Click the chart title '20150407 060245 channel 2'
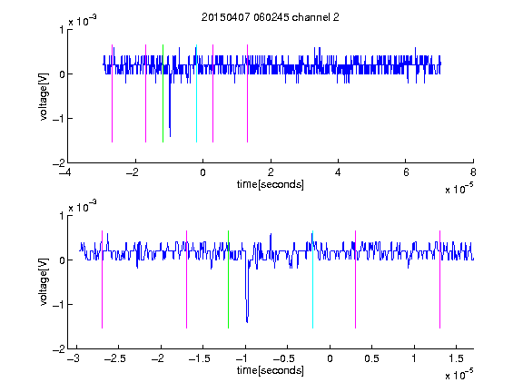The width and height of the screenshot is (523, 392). click(x=271, y=17)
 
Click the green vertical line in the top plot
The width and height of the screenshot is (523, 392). click(x=163, y=93)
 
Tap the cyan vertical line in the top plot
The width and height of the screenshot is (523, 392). click(x=196, y=93)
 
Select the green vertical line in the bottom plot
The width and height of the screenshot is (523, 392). click(x=228, y=279)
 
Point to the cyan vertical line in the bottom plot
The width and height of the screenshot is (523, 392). click(x=312, y=279)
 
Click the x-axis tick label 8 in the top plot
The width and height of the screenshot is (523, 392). click(x=473, y=172)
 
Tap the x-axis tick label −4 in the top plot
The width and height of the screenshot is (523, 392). click(x=64, y=172)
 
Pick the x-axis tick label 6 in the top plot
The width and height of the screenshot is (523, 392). click(x=406, y=172)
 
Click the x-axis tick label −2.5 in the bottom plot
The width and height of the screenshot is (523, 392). click(x=114, y=358)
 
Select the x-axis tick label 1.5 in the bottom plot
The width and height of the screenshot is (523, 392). click(x=456, y=358)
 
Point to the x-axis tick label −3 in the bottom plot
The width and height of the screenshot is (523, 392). click(x=73, y=358)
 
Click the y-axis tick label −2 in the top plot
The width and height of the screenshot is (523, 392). click(x=58, y=163)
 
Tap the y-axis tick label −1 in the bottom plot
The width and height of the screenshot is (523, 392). click(x=58, y=304)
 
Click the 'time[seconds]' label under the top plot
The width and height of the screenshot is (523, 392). click(x=271, y=184)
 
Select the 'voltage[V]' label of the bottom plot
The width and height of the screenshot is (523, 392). click(x=44, y=282)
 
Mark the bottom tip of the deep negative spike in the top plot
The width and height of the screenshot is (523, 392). click(x=170, y=137)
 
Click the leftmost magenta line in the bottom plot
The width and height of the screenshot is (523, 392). click(x=102, y=279)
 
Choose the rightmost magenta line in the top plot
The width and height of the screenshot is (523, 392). click(x=247, y=93)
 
